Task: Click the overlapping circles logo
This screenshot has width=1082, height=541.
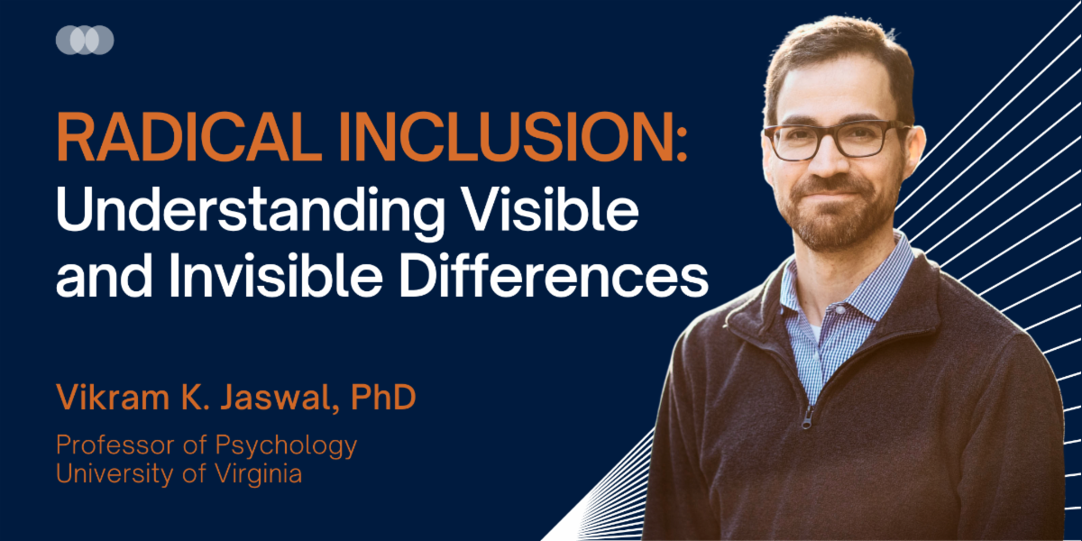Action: (85, 40)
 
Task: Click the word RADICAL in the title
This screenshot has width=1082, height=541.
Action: (189, 138)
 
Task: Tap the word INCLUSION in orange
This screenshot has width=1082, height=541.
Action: (507, 138)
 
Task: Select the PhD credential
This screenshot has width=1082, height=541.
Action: (383, 397)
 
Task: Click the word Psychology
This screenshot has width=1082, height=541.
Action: (286, 446)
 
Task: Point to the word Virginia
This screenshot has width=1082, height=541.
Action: (259, 474)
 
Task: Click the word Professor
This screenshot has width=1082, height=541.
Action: (115, 445)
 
